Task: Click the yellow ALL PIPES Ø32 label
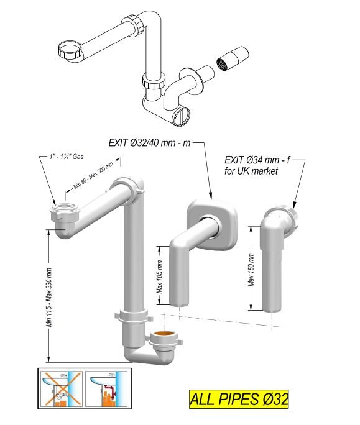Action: point(238,398)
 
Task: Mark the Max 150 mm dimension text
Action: point(252,268)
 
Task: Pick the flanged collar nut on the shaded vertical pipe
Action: point(132,316)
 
